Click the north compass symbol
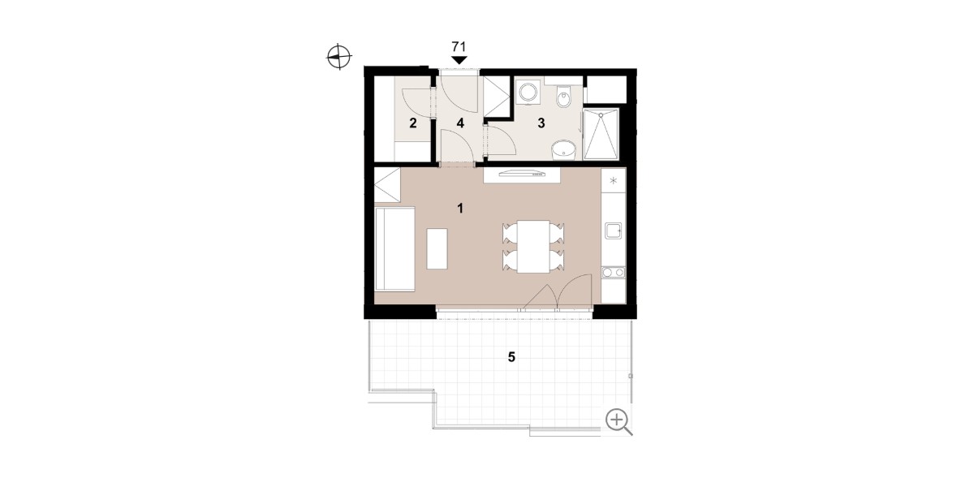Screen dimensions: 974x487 pos(339,57)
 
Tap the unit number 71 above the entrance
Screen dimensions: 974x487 pos(459,46)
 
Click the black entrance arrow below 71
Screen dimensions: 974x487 pos(459,60)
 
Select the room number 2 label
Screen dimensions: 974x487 pos(412,123)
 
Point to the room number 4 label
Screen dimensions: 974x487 pos(460,123)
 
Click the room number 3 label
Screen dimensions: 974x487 pos(541,123)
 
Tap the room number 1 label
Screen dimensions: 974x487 pos(460,209)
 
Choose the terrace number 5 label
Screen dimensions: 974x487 pos(511,357)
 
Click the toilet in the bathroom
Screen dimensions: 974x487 pos(563,97)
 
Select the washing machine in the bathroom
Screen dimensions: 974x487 pos(528,93)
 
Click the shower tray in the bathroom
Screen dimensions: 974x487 pos(601,135)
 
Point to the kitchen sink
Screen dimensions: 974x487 pos(613,231)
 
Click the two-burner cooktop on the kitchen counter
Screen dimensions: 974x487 pos(613,273)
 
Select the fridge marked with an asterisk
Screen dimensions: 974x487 pos(614,180)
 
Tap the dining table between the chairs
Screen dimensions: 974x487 pos(533,247)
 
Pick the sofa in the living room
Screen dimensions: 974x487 pos(394,248)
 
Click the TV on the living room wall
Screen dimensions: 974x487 pos(522,175)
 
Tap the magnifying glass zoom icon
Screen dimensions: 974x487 pos(618,422)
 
